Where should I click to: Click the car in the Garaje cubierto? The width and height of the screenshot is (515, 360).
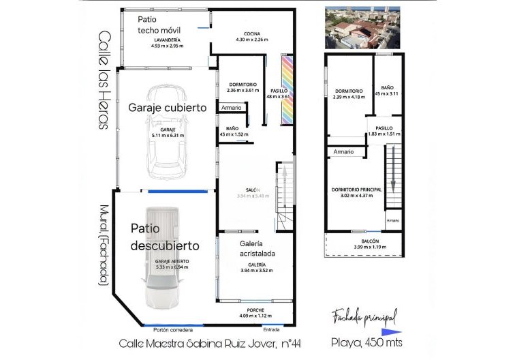pos(163,130)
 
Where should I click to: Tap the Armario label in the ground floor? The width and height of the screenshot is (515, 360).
pos(229,108)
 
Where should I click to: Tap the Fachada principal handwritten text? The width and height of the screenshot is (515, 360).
pos(364,316)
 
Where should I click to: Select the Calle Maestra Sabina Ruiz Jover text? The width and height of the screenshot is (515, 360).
pos(200,344)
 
